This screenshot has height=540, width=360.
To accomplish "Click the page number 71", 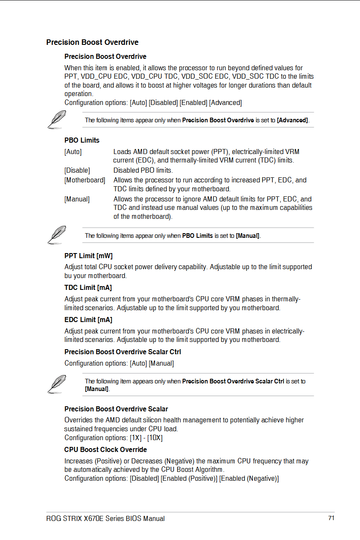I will (331, 518).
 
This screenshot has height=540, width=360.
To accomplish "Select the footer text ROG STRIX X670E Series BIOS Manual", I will (105, 518).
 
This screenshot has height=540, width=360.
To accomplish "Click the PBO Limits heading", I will (82, 140).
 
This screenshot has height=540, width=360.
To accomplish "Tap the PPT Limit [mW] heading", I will (89, 256).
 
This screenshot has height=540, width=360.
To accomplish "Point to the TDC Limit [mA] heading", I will (88, 288).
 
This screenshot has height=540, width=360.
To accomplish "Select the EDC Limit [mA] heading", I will (88, 320).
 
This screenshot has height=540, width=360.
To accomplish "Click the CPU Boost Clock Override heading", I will (105, 449).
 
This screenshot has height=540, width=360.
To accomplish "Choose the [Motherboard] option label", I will (85, 180).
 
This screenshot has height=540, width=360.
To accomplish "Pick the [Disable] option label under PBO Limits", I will (77, 170).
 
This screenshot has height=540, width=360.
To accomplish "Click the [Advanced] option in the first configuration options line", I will (225, 102).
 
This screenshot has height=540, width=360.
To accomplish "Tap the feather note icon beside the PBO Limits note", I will (57, 234).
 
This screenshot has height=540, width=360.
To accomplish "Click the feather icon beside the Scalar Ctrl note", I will (57, 383).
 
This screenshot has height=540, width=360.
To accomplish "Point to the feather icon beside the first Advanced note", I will (57, 119).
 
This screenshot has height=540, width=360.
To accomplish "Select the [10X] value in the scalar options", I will (155, 438).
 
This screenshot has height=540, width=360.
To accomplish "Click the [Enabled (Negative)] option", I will (249, 478).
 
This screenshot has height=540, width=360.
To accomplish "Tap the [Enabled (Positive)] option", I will (189, 478).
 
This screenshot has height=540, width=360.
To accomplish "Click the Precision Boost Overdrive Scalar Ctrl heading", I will (122, 352).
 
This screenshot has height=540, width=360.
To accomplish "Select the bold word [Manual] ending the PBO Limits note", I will (248, 236).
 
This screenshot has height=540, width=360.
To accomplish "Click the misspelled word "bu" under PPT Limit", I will (68, 276).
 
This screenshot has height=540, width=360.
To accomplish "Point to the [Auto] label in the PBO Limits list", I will (73, 152).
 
